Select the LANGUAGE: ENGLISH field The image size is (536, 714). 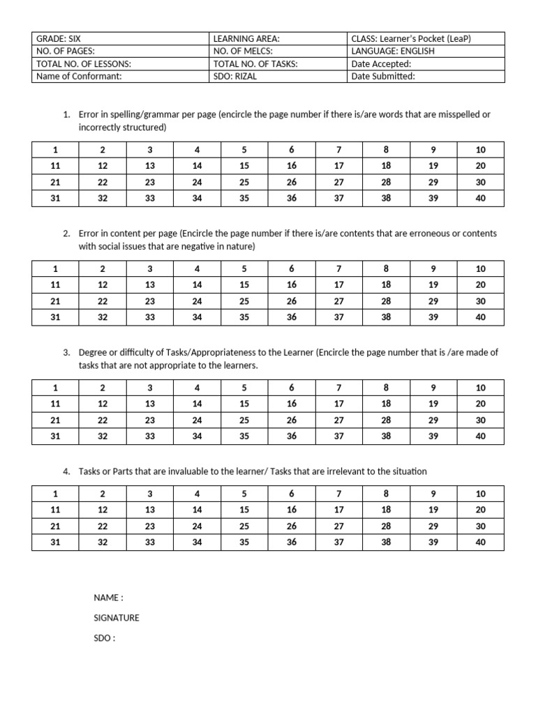point(393,52)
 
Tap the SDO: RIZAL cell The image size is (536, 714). point(235,77)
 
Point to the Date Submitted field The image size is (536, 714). point(383,77)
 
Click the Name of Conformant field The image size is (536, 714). point(79,77)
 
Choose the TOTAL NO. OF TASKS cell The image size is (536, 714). point(255,64)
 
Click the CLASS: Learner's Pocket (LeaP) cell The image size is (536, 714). point(411,39)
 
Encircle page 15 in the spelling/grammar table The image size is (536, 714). point(244,166)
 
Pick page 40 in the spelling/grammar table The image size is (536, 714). point(480,198)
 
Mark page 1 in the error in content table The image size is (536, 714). point(55,268)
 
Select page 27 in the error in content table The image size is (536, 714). point(339,301)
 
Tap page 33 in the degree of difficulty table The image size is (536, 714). point(149,436)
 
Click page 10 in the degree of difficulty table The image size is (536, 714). point(480,388)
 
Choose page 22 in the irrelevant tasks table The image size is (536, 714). point(103,526)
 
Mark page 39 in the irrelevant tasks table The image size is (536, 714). point(433,542)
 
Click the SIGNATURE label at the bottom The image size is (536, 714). point(117,618)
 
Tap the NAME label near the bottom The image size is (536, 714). point(108,598)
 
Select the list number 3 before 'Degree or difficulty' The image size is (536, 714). point(66,353)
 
